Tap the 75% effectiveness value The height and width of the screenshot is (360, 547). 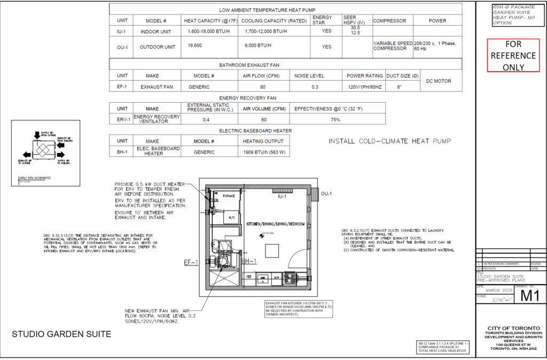[335, 120]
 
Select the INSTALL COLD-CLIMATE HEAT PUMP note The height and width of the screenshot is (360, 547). [390, 142]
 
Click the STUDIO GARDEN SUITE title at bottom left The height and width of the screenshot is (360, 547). [61, 334]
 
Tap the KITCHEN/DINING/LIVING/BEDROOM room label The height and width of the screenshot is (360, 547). [275, 224]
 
